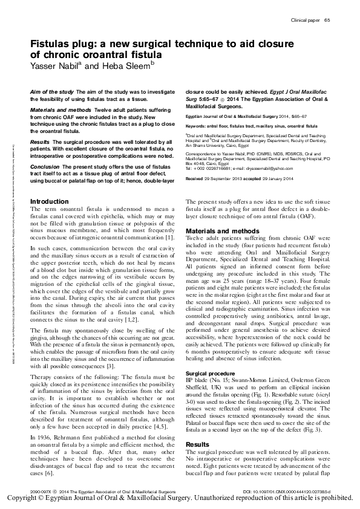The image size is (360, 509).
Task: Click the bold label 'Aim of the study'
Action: (x=52, y=90)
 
